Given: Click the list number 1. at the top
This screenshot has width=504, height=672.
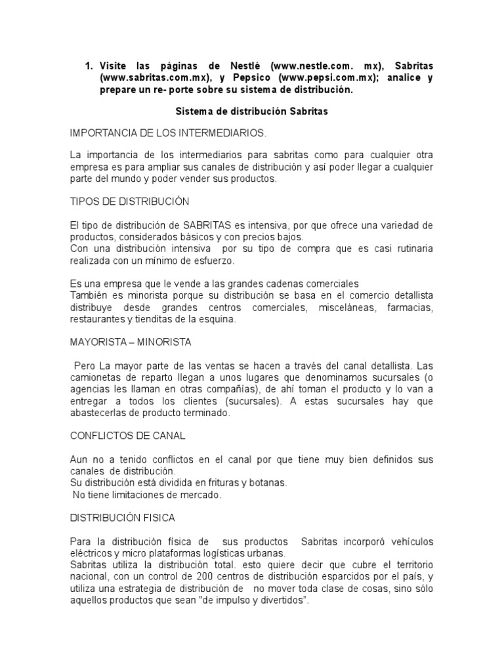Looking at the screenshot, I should [x=90, y=66].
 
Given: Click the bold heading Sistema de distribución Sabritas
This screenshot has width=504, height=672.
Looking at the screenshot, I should [x=253, y=112].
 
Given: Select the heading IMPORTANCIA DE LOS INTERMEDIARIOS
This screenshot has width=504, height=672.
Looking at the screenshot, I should [x=169, y=133].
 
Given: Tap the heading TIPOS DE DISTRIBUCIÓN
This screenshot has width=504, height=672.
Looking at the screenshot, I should [x=130, y=201].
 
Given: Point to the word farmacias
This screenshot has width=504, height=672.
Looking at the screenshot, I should [x=410, y=308].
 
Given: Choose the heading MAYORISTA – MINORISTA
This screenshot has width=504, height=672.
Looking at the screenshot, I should [x=131, y=342].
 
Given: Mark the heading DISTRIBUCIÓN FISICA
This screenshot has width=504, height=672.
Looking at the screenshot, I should [x=123, y=518].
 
